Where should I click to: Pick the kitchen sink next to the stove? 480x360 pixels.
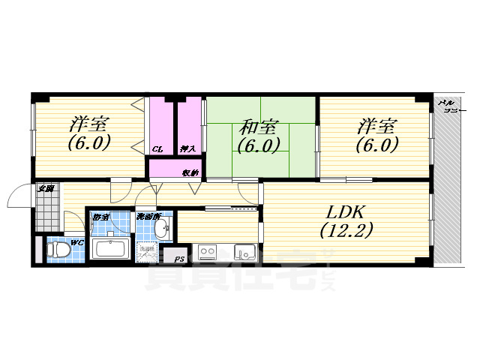tap(244, 250)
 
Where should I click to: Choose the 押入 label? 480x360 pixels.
tap(187, 148)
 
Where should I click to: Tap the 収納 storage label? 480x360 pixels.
tap(190, 172)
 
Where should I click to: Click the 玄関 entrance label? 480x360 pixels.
tap(45, 188)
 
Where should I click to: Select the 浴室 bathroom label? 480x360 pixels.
tap(99, 217)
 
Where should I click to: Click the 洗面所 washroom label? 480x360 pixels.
tap(147, 217)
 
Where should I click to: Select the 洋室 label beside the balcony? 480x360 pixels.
tap(376, 126)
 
